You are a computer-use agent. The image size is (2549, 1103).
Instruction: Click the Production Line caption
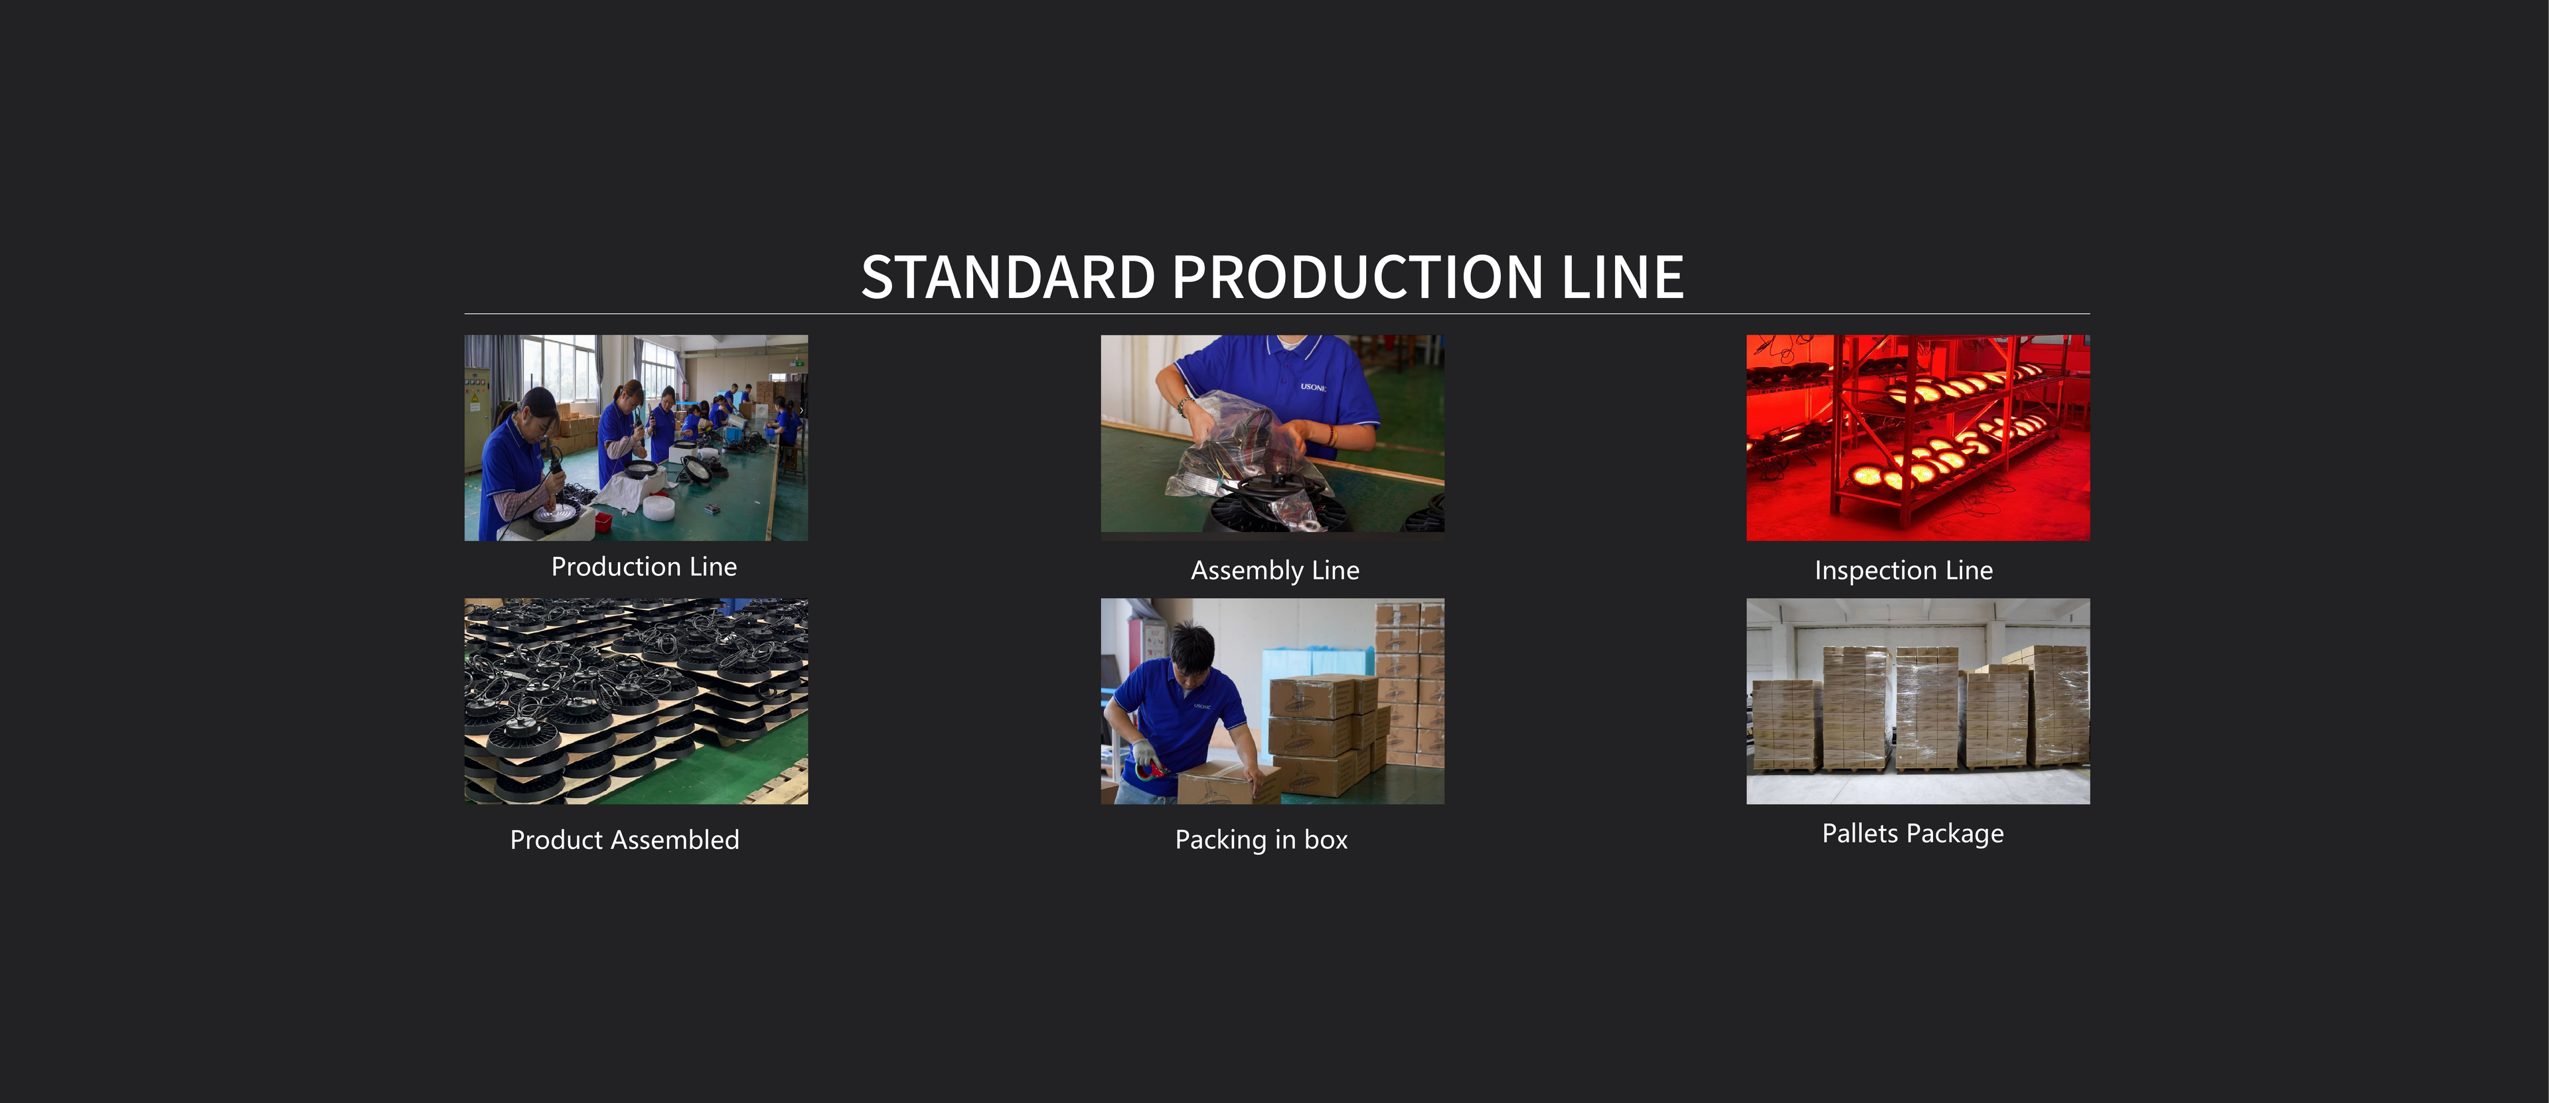pos(644,567)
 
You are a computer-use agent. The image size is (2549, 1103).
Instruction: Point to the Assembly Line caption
pos(1274,571)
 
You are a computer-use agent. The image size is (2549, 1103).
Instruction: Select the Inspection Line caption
pos(1903,571)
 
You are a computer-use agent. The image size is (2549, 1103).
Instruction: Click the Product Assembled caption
pos(625,840)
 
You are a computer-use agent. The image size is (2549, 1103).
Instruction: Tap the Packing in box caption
pos(1261,840)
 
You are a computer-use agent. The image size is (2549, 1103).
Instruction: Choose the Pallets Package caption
pos(1912,834)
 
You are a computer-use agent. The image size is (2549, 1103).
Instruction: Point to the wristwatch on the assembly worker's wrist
pos(1182,405)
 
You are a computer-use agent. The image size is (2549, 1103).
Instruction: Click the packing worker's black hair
pos(1192,643)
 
